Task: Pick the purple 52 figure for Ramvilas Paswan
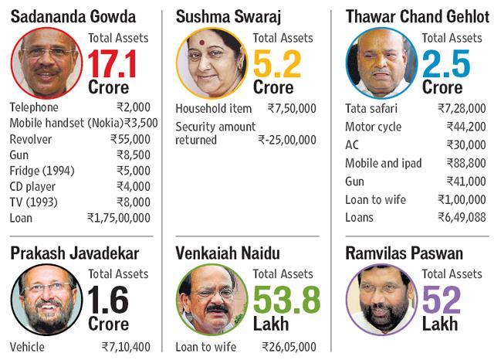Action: pyautogui.click(x=441, y=300)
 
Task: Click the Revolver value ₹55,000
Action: pyautogui.click(x=130, y=139)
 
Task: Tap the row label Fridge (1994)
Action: pyautogui.click(x=42, y=171)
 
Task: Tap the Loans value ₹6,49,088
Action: pyautogui.click(x=460, y=217)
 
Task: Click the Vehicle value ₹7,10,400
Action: pyautogui.click(x=126, y=348)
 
